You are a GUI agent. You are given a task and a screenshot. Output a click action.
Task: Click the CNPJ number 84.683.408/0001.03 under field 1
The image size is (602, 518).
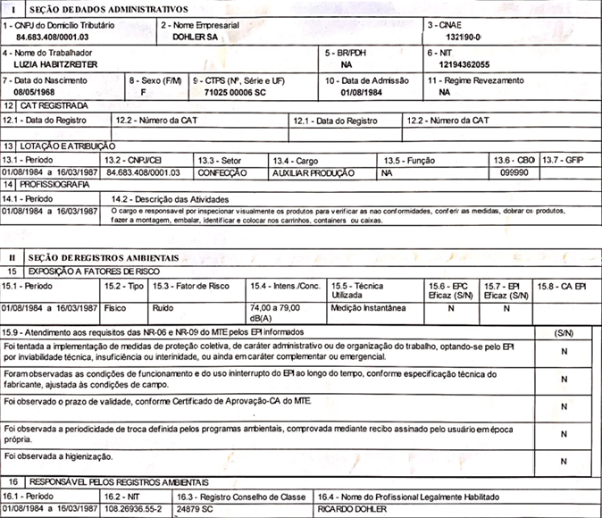tap(54, 38)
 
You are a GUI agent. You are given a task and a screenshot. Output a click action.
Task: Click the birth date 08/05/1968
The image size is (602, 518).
tap(34, 92)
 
